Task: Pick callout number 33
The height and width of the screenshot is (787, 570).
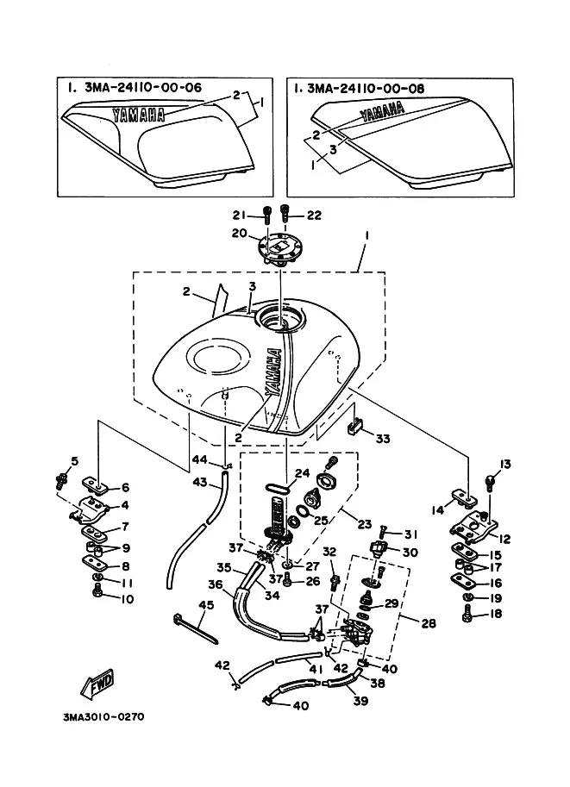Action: click(382, 439)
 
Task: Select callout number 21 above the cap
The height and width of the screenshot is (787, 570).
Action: click(239, 215)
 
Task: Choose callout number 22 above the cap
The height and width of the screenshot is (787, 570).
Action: click(313, 215)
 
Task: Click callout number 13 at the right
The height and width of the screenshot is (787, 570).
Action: click(505, 465)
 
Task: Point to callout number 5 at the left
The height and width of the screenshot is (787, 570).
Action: click(74, 460)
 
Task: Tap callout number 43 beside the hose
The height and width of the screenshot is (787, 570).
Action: click(201, 484)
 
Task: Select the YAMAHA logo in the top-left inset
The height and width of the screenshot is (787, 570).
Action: click(141, 114)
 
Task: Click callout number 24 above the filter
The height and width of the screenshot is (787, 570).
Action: click(302, 472)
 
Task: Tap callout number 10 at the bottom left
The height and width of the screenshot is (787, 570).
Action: click(128, 597)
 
